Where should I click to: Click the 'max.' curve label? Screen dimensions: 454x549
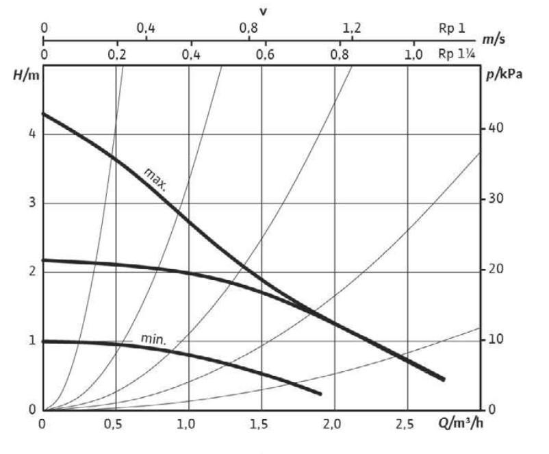point(156,178)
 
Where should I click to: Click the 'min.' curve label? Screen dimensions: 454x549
point(154,338)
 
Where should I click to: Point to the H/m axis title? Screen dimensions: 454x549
point(26,75)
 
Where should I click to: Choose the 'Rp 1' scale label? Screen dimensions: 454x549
point(452,29)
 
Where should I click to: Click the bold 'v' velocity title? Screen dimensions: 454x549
point(263,12)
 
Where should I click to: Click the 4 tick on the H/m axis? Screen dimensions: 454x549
point(31,134)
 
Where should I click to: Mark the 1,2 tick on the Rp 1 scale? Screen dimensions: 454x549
point(351,29)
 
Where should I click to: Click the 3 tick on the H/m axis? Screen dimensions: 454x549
point(31,203)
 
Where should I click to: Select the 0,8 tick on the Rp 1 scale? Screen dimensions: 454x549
point(248,29)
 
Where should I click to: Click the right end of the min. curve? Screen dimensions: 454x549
point(320,393)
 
